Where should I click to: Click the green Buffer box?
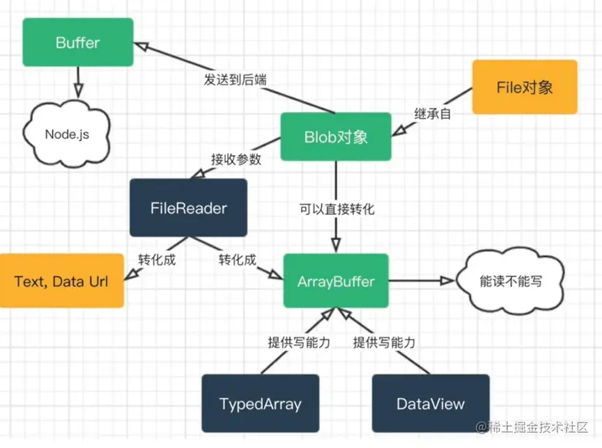(x=77, y=42)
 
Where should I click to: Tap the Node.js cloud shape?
(x=67, y=134)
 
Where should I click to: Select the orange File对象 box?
(x=525, y=87)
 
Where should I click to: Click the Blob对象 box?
(x=336, y=137)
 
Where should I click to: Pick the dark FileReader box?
(x=189, y=207)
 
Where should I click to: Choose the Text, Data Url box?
(x=61, y=282)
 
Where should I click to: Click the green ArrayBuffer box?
(x=336, y=282)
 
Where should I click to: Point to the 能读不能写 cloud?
(x=510, y=282)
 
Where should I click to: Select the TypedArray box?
(x=260, y=403)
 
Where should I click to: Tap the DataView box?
(x=430, y=403)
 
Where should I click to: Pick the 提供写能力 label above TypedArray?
(x=298, y=342)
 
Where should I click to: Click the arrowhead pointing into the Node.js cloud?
(x=78, y=90)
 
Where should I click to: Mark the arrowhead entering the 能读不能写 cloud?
(x=447, y=281)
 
